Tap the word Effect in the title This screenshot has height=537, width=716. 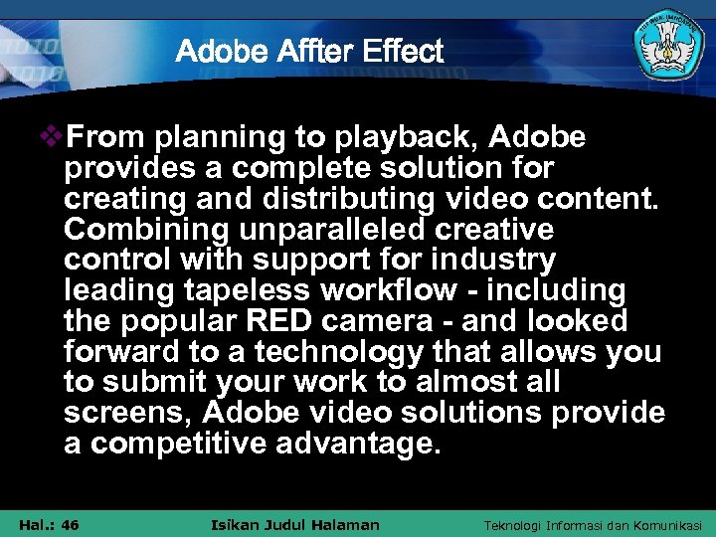(x=403, y=52)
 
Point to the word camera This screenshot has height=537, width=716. (x=375, y=322)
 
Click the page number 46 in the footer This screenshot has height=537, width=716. (x=69, y=525)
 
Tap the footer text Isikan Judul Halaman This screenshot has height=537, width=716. (x=295, y=525)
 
